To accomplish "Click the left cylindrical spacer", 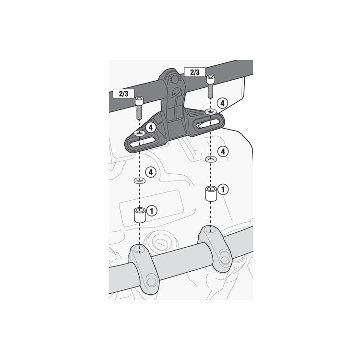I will pos(139,216).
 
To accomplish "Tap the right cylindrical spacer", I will pos(210,194).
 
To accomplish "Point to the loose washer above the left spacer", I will pos(139,180).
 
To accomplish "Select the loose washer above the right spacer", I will pos(210,158).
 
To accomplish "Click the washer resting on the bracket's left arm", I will pos(140,132).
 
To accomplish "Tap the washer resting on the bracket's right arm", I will pos(210,112).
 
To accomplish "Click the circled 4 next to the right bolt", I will pos(222,103).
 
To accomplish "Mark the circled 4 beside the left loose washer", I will pos(151,171).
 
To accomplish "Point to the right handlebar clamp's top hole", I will pos(210,229).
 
